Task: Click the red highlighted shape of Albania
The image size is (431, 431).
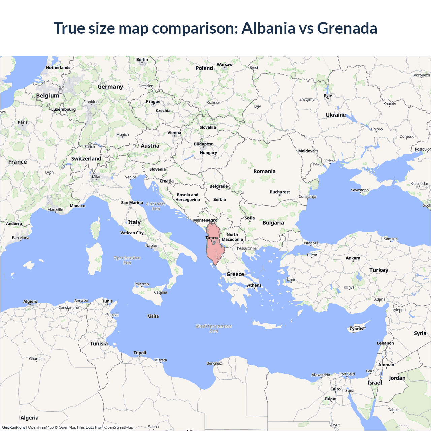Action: tap(215, 249)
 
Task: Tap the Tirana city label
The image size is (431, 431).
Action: tap(212, 238)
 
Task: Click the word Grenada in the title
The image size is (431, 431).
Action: tap(347, 28)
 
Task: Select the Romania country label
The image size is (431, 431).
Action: tap(264, 171)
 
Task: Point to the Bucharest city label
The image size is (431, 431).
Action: tap(279, 192)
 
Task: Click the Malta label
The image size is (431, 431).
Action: tap(153, 316)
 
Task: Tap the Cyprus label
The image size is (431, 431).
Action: tap(356, 329)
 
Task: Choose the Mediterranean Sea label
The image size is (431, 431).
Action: tap(214, 328)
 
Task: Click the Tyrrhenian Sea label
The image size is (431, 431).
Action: tap(127, 260)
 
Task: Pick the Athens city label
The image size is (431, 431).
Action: tap(254, 285)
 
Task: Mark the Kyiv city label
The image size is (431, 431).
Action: tap(328, 96)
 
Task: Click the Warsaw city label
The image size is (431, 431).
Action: tap(225, 65)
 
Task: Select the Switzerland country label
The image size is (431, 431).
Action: tap(86, 159)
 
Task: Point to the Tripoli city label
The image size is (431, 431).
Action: tap(140, 353)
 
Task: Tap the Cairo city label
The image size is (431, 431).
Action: tap(335, 389)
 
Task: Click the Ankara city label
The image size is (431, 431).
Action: tap(353, 258)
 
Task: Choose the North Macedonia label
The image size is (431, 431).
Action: tap(232, 237)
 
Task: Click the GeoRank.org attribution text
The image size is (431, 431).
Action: tap(13, 427)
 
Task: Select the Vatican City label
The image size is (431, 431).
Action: tap(132, 233)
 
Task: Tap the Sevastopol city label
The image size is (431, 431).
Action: tap(360, 190)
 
